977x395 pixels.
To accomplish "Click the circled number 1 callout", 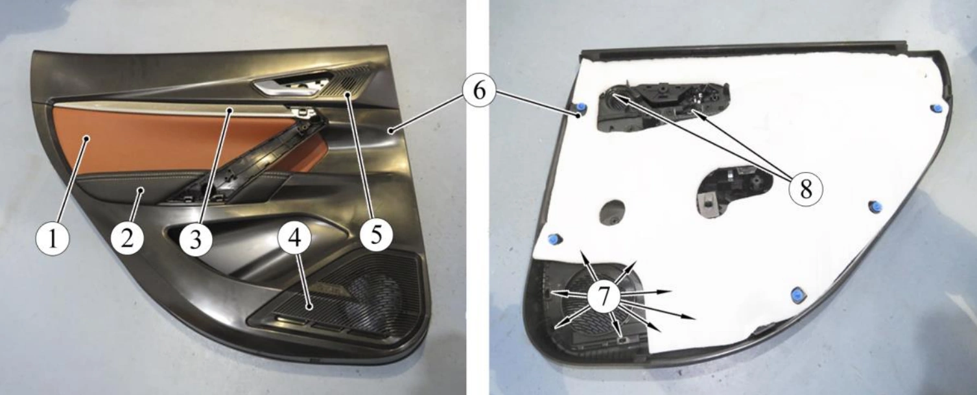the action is (x=53, y=239).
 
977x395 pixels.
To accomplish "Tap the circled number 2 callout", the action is (x=127, y=238).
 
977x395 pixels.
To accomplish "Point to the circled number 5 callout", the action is (x=377, y=234).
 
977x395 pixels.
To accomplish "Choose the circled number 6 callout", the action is (x=479, y=91).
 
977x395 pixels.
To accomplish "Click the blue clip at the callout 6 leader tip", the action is (x=580, y=108).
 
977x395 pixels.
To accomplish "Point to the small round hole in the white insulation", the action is (x=613, y=213).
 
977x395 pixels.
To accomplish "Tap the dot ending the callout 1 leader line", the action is (x=87, y=138).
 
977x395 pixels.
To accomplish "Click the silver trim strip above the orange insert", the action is (x=174, y=109).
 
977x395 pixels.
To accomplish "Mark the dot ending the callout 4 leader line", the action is (x=309, y=307).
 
